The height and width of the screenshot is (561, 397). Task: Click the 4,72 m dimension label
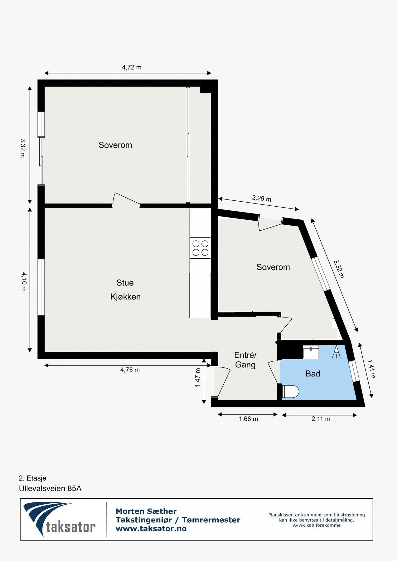tap(131, 67)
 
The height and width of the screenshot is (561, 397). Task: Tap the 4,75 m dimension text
tap(130, 370)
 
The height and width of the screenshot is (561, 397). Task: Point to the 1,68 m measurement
tap(248, 419)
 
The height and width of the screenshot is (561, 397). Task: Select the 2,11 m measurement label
tap(321, 419)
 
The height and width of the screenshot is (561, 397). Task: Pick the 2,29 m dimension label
tap(261, 198)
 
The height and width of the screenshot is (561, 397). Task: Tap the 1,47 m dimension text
tap(198, 378)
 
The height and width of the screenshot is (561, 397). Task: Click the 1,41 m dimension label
tap(371, 369)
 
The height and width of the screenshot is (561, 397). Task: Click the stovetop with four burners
tap(200, 248)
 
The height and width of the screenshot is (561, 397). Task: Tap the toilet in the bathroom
tap(291, 392)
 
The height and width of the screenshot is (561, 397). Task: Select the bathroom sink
tap(311, 352)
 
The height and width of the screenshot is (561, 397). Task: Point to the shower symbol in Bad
tap(336, 352)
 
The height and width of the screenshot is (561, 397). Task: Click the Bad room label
tap(313, 374)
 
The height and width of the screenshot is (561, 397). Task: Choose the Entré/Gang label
tap(245, 360)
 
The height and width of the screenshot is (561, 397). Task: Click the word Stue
tap(125, 283)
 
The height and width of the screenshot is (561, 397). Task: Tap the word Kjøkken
tap(125, 297)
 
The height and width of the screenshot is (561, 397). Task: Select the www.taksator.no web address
tap(151, 529)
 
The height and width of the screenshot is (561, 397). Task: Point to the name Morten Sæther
tap(146, 511)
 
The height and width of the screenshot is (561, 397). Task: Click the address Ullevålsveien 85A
tap(50, 488)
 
